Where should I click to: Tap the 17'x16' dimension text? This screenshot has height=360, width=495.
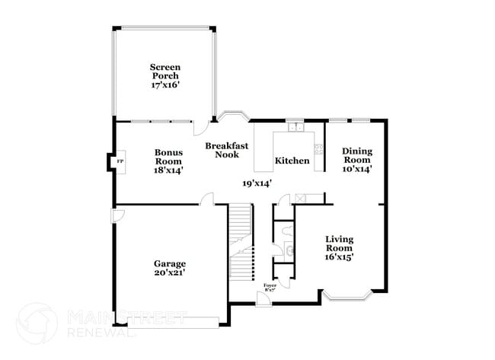[165, 85]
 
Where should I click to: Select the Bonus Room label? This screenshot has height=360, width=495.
[168, 156]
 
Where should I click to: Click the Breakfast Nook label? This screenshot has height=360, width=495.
[226, 150]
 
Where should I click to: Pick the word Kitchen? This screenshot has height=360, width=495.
[292, 161]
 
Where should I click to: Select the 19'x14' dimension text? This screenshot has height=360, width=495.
[257, 183]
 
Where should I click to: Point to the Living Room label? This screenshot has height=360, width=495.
[339, 244]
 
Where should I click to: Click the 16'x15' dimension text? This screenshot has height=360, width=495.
[339, 257]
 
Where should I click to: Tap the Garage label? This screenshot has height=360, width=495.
[168, 263]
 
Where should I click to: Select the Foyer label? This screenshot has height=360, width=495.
[269, 285]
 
